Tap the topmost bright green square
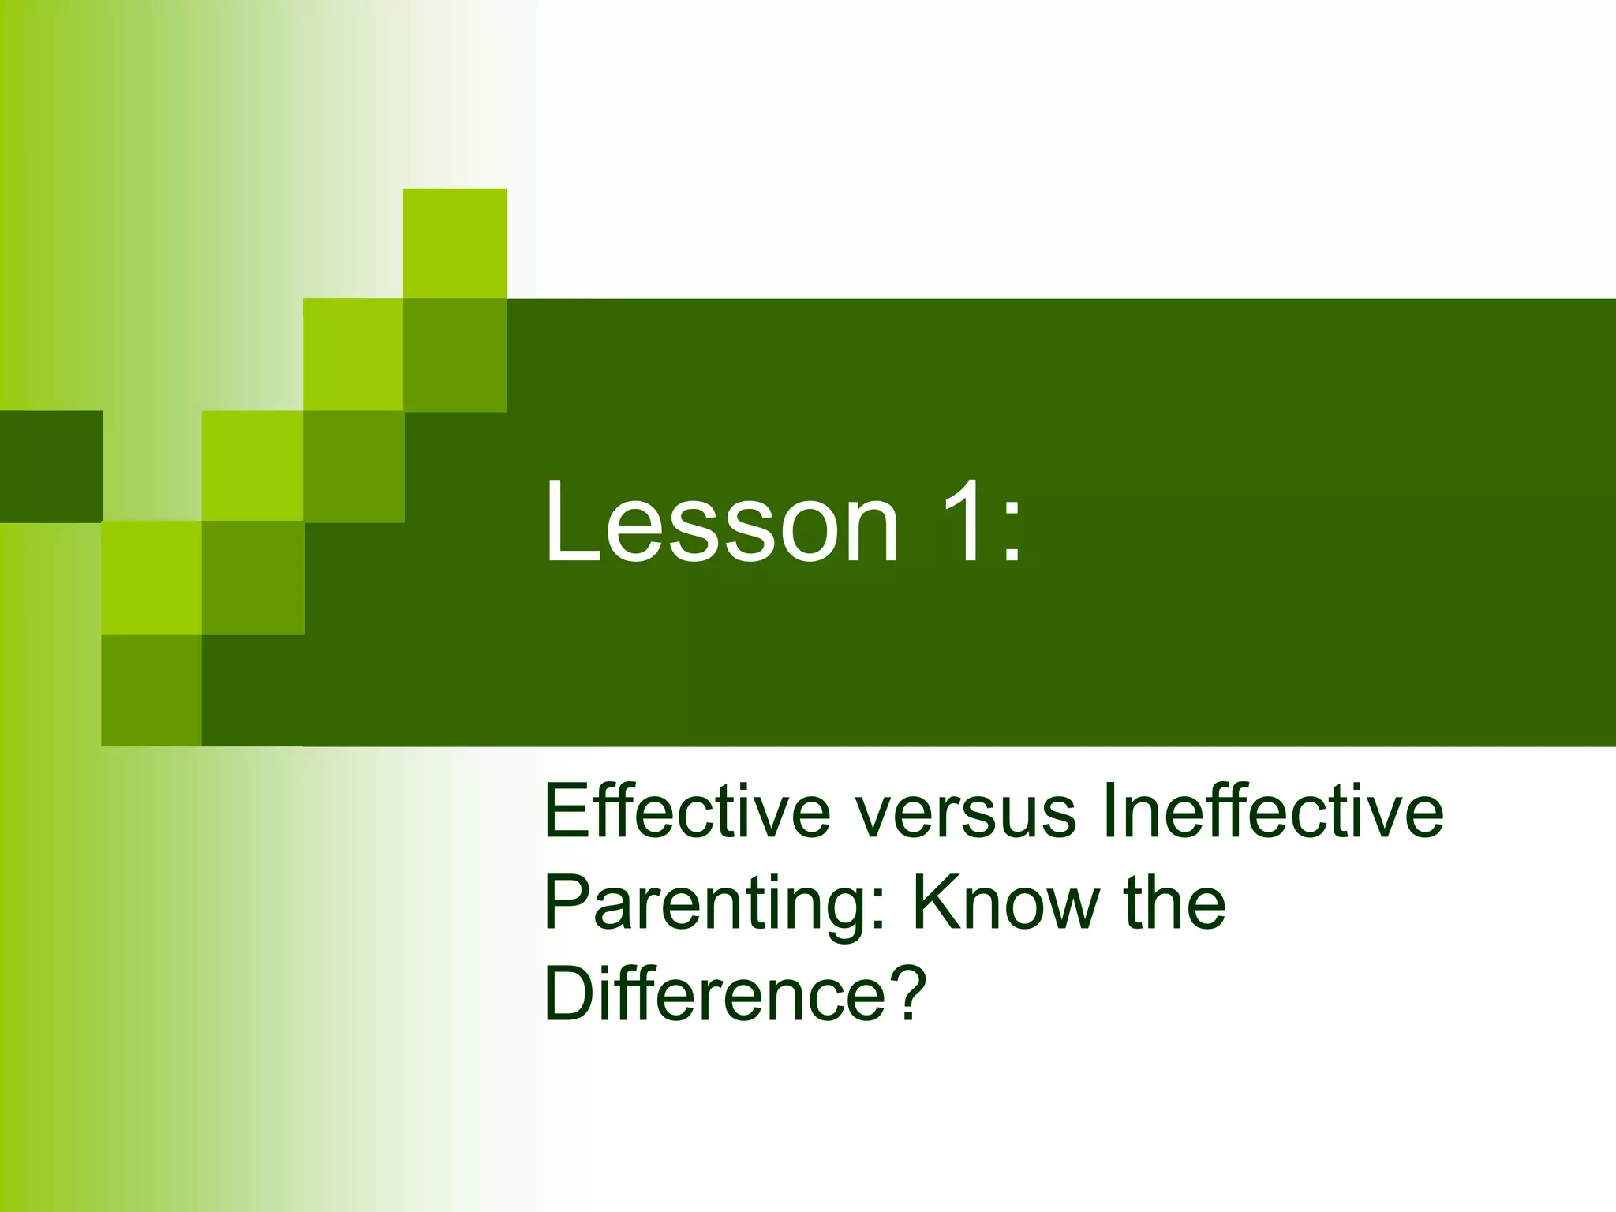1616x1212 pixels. tap(454, 243)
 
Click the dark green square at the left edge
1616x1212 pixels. tap(51, 466)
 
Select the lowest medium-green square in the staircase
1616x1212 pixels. tap(151, 690)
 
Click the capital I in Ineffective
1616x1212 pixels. tap(1109, 812)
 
